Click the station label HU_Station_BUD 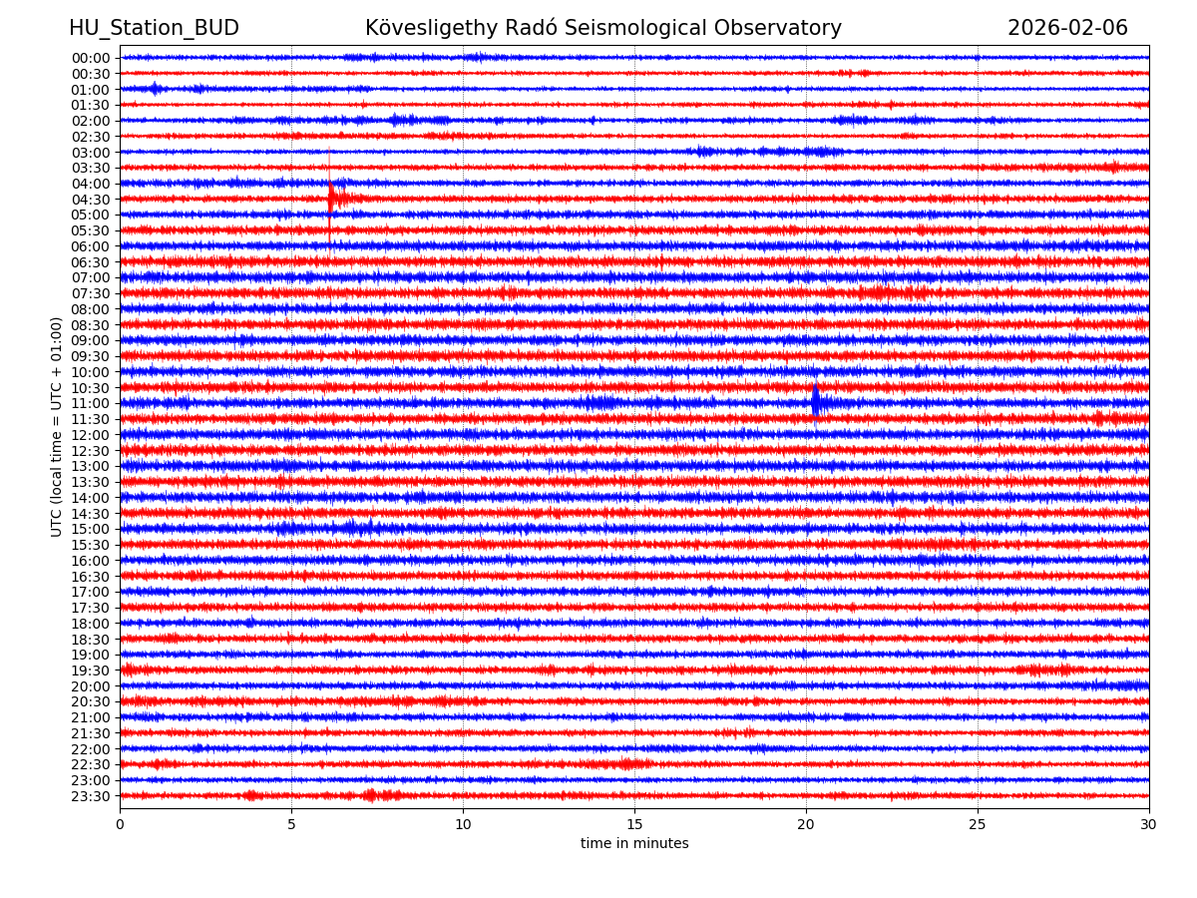[154, 29]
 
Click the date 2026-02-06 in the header [1067, 29]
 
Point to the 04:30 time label [90, 200]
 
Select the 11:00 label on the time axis [90, 403]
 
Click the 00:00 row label [90, 58]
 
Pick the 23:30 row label [90, 796]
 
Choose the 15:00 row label [90, 529]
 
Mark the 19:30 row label [90, 671]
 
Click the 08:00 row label [90, 309]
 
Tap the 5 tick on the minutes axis [291, 825]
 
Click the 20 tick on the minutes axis [806, 825]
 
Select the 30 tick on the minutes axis [1149, 825]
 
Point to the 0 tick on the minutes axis [120, 825]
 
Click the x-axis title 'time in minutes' [634, 844]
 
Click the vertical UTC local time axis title [57, 427]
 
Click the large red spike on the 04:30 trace [330, 197]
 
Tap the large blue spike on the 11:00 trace [815, 401]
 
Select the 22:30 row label [90, 764]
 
